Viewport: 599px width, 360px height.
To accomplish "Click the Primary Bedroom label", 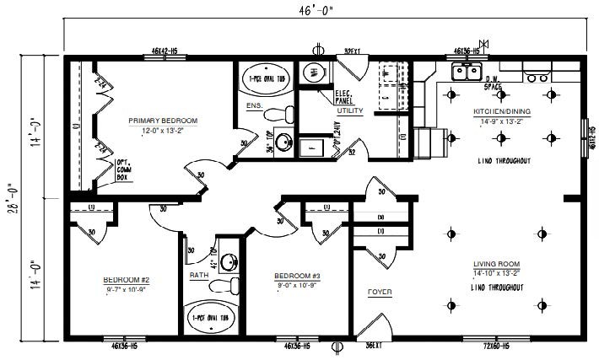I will (163, 121).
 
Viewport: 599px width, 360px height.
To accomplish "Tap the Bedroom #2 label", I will (127, 280).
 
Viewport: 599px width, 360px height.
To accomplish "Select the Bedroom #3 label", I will (297, 276).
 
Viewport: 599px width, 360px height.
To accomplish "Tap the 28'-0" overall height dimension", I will (11, 198).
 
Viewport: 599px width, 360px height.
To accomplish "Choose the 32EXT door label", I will (353, 51).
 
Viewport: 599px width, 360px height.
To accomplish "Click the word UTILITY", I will (349, 110).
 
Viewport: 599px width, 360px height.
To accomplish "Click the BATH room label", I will (199, 275).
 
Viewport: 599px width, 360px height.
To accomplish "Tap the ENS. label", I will (254, 106).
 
